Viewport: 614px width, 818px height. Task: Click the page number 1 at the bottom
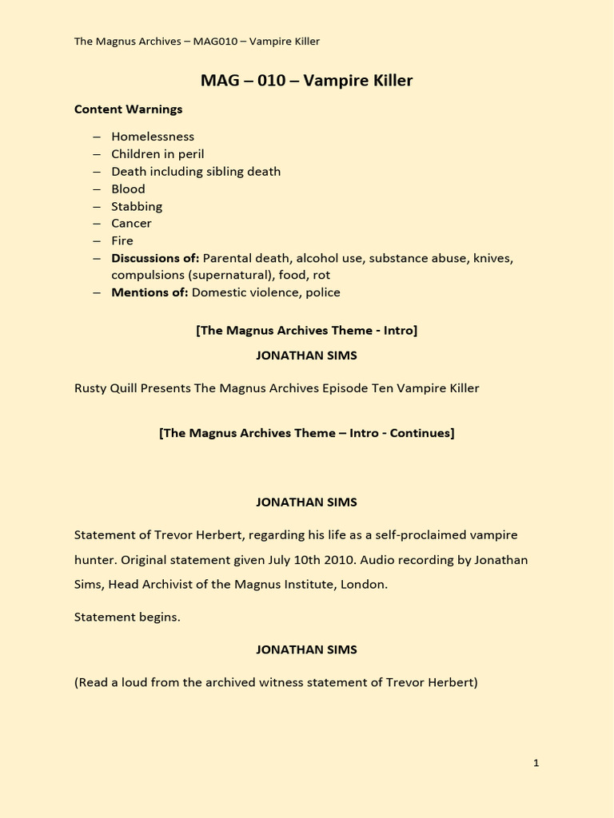(x=536, y=763)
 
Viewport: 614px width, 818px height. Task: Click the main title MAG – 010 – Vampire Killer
(x=306, y=81)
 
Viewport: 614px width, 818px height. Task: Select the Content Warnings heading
(x=128, y=109)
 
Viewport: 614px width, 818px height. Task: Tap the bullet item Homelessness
(x=153, y=137)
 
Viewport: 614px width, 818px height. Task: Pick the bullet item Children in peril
(x=157, y=154)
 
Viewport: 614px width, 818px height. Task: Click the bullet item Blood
(x=128, y=189)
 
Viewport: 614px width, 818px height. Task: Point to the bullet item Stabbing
(x=137, y=206)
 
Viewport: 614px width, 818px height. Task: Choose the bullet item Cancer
(x=131, y=224)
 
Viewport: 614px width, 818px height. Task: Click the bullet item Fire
(x=122, y=240)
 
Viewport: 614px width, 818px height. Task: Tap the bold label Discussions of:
(x=155, y=258)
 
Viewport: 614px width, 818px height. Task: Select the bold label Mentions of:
(x=150, y=292)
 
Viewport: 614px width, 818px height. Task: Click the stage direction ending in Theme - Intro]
(x=306, y=330)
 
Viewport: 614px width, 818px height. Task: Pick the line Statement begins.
(x=127, y=617)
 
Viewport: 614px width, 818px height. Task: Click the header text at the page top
(x=197, y=42)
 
